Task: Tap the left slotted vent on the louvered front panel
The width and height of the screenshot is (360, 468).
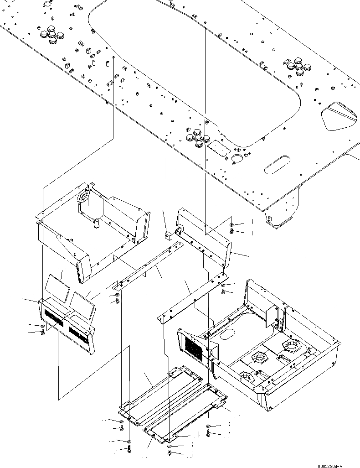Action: pos(55,318)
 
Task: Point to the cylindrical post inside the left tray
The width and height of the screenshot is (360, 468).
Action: pos(97,224)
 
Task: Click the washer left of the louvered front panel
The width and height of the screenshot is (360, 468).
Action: pos(43,327)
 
